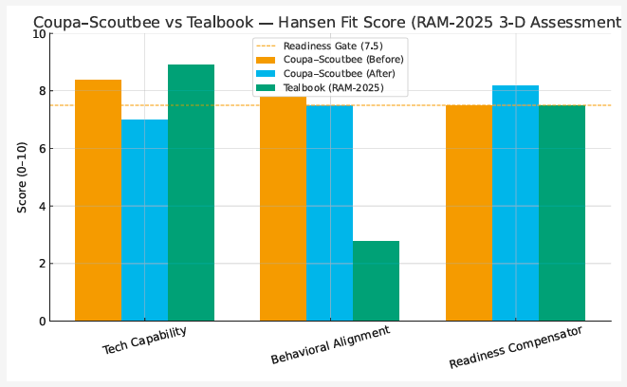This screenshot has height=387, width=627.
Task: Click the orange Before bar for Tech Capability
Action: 98,200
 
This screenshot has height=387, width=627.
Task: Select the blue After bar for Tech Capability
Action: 144,220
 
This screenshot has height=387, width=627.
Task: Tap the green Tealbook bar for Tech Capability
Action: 191,193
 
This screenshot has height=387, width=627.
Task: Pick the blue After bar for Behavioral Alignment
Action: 329,213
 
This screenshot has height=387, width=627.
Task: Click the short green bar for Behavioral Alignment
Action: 376,281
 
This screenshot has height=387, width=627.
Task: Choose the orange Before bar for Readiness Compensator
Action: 469,213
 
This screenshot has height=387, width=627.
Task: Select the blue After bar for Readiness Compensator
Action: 515,203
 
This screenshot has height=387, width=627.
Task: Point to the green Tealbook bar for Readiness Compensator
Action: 562,213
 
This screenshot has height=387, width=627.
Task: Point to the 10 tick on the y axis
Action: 39,33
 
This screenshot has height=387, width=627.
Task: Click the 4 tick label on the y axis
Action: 43,206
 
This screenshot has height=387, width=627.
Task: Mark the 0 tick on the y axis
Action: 43,322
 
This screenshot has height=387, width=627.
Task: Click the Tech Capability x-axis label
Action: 143,344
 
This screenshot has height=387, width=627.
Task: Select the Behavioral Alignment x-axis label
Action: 329,346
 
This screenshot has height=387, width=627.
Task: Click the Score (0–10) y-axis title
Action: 21,177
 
